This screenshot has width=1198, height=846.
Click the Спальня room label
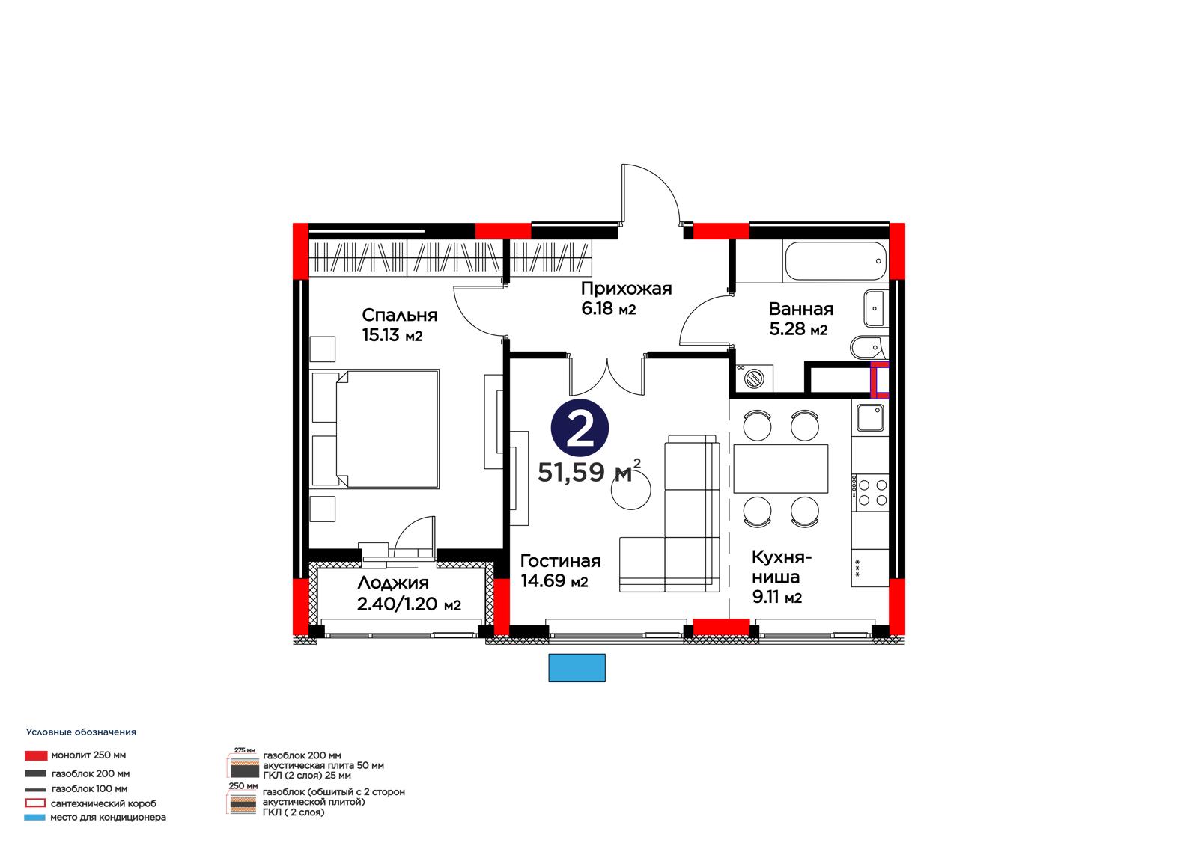pyautogui.click(x=400, y=316)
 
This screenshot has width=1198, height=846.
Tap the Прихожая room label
pyautogui.click(x=626, y=289)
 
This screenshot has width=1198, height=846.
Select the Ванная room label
pyautogui.click(x=800, y=309)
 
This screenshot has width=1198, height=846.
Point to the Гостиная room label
pyautogui.click(x=561, y=560)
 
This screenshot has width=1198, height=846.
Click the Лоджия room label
pyautogui.click(x=393, y=583)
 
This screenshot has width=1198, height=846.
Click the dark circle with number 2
pyautogui.click(x=580, y=428)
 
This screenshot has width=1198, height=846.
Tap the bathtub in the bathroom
pyautogui.click(x=836, y=261)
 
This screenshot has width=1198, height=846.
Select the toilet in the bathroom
pyautogui.click(x=869, y=347)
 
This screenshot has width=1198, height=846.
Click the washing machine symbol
pyautogui.click(x=754, y=378)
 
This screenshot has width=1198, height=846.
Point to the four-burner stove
pyautogui.click(x=870, y=492)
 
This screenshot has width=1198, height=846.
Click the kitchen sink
pyautogui.click(x=870, y=417)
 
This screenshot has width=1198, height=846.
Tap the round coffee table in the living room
pyautogui.click(x=631, y=489)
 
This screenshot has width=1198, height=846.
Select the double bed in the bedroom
pyautogui.click(x=375, y=429)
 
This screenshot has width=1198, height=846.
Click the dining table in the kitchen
pyautogui.click(x=781, y=469)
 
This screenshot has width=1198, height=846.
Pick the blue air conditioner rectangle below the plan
pyautogui.click(x=577, y=668)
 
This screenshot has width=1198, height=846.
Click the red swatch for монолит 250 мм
pyautogui.click(x=36, y=755)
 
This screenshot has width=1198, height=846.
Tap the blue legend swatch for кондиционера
pyautogui.click(x=34, y=817)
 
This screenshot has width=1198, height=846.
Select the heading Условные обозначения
pyautogui.click(x=82, y=732)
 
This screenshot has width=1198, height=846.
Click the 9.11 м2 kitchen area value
pyautogui.click(x=777, y=597)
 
